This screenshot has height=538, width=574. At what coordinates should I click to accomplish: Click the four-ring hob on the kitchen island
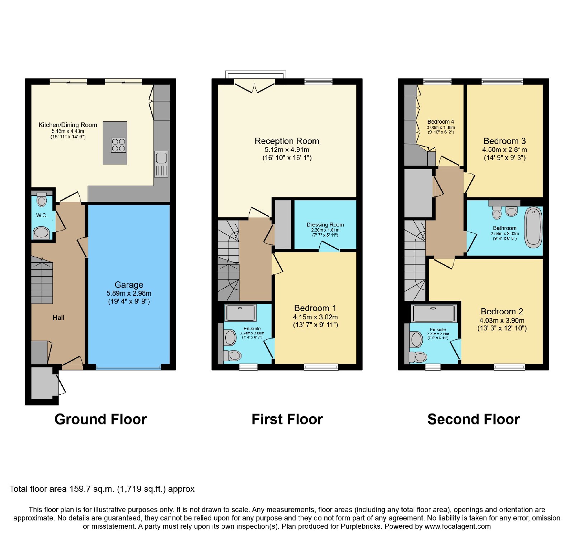(x=118, y=145)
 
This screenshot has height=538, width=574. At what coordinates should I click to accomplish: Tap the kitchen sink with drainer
(x=161, y=164)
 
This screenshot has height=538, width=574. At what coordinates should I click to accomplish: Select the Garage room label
(x=129, y=285)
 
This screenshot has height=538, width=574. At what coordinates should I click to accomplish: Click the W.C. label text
(x=42, y=215)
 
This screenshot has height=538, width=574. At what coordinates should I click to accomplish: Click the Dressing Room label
(x=325, y=225)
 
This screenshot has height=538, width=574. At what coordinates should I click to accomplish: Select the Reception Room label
(x=287, y=141)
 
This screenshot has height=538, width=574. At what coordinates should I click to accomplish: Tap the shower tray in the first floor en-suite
(x=240, y=313)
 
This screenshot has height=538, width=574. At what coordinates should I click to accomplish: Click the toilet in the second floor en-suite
(x=418, y=357)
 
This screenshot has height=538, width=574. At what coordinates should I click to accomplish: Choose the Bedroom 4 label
(x=441, y=122)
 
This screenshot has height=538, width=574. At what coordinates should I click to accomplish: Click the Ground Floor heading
(x=101, y=419)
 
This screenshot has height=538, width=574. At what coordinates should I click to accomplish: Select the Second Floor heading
(x=474, y=419)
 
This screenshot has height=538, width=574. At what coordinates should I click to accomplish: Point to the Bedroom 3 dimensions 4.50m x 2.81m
(x=504, y=150)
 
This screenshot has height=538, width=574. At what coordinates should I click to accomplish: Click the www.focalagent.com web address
(x=457, y=527)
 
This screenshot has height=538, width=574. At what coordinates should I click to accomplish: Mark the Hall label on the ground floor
(x=58, y=318)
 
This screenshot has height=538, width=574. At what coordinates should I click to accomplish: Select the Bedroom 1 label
(x=315, y=308)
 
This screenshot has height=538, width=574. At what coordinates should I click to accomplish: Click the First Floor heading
(x=287, y=419)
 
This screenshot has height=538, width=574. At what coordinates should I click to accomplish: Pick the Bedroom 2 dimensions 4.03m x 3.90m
(x=502, y=321)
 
